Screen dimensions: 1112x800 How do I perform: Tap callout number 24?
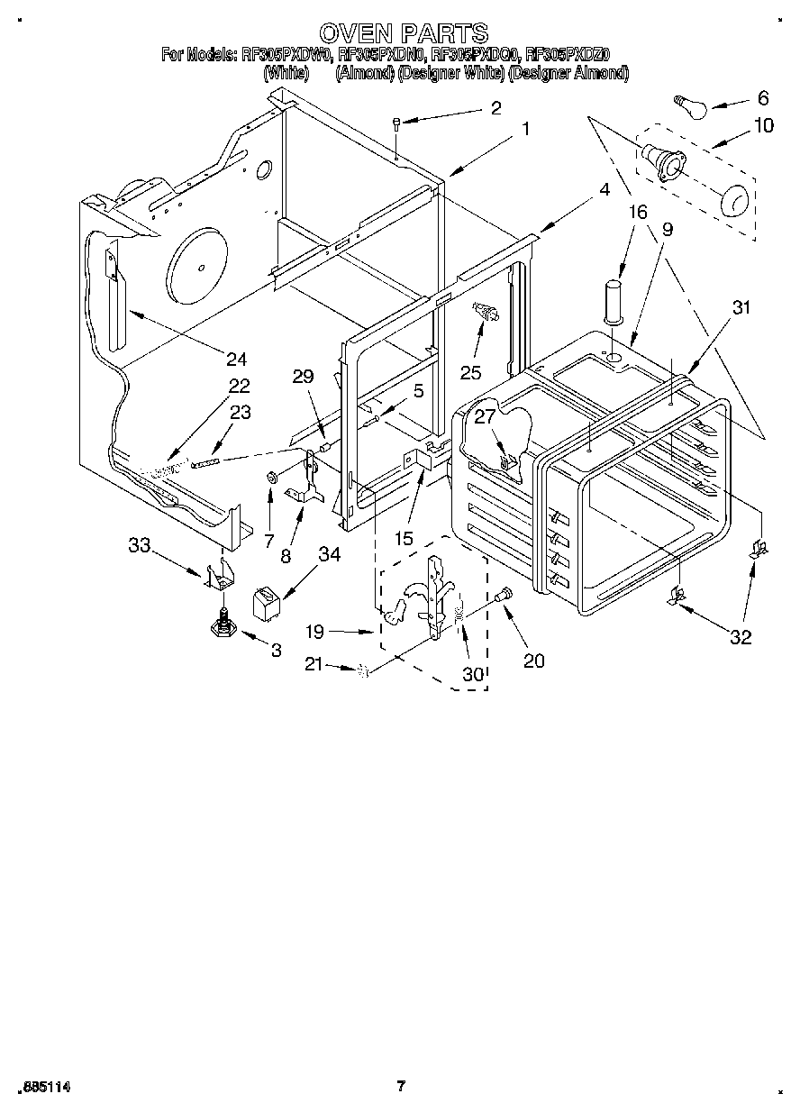click(x=236, y=359)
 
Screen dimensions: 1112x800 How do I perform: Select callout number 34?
click(x=329, y=554)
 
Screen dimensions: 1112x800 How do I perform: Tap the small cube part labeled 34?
click(x=264, y=601)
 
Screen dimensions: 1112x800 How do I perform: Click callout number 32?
click(x=740, y=638)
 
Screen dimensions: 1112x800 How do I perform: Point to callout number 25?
click(x=471, y=371)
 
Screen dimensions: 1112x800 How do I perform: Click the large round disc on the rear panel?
click(x=199, y=263)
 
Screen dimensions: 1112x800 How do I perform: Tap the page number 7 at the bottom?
click(x=401, y=1086)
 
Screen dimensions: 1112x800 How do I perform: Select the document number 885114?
click(x=44, y=1088)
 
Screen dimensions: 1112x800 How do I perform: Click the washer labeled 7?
click(x=271, y=476)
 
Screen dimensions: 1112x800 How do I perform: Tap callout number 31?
click(x=741, y=307)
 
